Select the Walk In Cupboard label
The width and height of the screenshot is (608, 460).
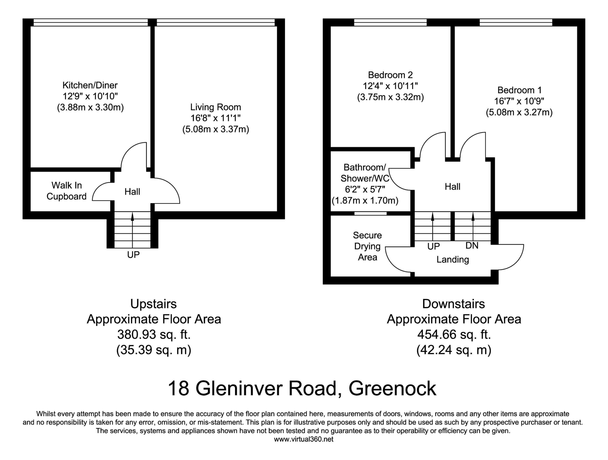click(x=66, y=191)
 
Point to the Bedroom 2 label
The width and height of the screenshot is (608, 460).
click(x=390, y=75)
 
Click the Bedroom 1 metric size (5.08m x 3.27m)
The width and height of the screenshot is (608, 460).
click(x=519, y=112)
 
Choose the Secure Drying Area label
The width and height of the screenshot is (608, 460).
click(x=367, y=246)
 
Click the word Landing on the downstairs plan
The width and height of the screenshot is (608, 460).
click(x=452, y=259)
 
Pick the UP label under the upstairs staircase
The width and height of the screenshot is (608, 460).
click(x=133, y=255)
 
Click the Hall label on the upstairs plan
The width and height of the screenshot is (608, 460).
click(x=132, y=191)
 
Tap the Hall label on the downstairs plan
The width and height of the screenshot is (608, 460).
click(x=452, y=187)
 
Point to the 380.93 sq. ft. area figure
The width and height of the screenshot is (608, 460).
click(x=154, y=334)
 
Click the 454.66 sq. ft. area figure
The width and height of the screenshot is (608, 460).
click(x=454, y=334)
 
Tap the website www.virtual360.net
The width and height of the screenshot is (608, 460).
click(x=303, y=439)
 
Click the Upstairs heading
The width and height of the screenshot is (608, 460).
click(x=153, y=304)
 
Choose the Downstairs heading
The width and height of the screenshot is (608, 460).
click(x=454, y=304)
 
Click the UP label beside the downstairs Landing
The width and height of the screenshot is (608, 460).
click(x=434, y=246)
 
